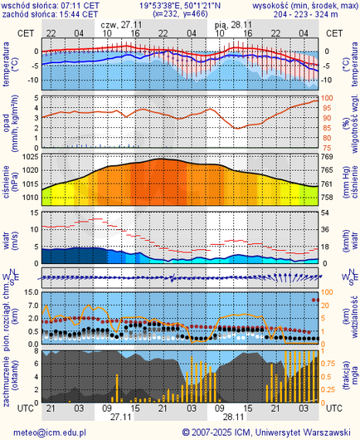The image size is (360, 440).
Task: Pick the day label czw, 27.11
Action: tap(121, 25)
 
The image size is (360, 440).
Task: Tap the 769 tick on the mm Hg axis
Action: tap(327, 157)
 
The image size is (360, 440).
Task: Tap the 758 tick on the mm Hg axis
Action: tap(327, 198)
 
